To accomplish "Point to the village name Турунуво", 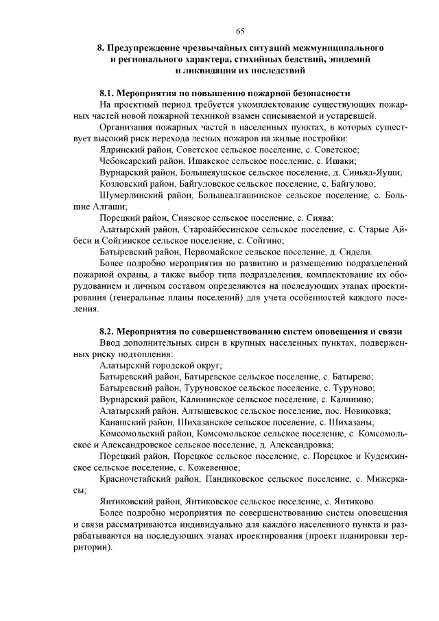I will point(353,388).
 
